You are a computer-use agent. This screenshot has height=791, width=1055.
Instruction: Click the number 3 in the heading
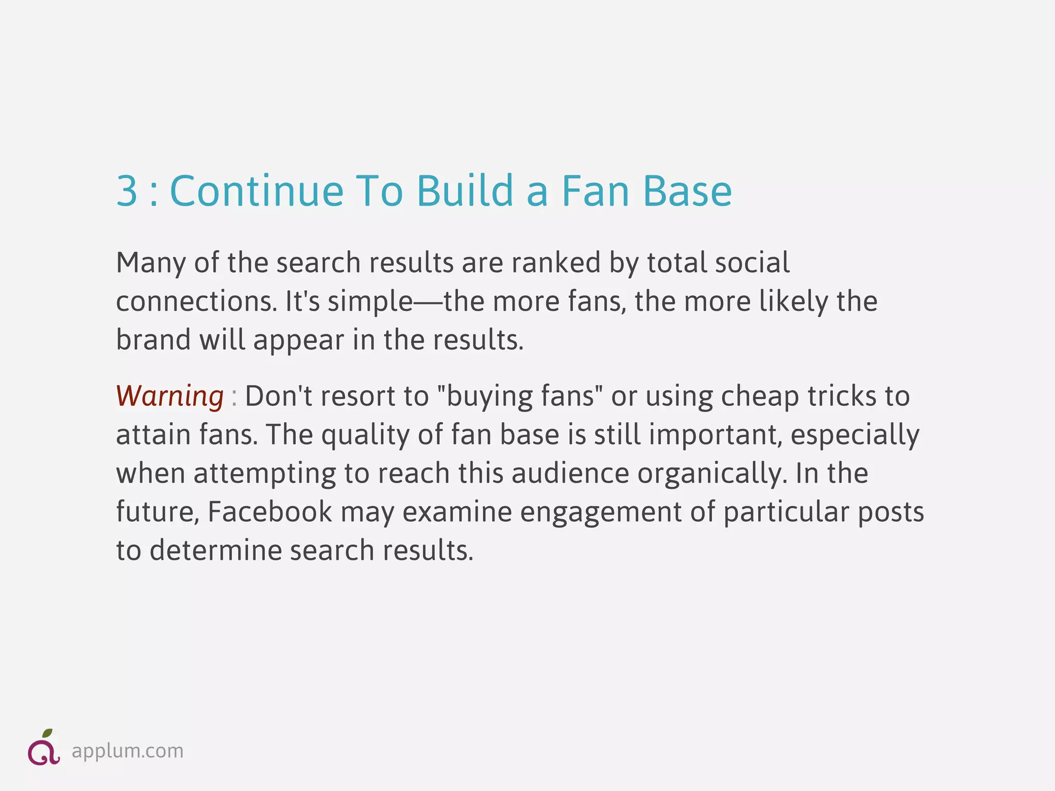click(127, 191)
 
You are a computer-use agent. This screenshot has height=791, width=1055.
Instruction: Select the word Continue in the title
click(257, 191)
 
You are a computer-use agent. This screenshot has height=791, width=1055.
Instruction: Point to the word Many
click(150, 264)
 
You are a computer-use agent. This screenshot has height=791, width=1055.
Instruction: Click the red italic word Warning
click(169, 397)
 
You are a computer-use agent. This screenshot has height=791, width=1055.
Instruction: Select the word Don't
click(278, 397)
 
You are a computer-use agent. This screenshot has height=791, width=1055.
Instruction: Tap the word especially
click(855, 436)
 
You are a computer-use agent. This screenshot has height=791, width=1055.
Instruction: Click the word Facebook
click(270, 512)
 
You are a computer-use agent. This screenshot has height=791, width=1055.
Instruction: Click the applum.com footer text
click(127, 751)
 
